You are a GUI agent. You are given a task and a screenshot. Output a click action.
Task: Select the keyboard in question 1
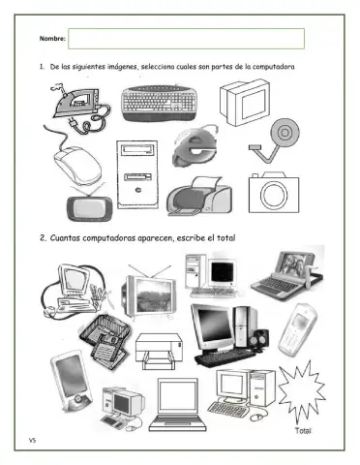tap(160, 104)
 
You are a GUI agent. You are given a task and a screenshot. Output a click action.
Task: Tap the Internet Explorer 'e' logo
tap(195, 146)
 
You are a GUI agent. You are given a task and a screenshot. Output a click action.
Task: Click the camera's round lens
tap(274, 196)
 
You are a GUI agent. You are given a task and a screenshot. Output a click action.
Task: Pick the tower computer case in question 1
tap(137, 174)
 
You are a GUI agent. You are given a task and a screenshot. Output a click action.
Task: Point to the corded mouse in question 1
tap(76, 165)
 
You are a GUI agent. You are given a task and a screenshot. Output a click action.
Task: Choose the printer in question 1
tap(199, 196)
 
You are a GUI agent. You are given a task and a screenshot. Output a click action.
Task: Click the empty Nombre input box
tap(186, 39)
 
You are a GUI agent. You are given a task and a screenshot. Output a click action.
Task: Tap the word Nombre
tap(51, 39)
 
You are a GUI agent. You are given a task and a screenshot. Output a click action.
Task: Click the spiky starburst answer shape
tap(302, 390)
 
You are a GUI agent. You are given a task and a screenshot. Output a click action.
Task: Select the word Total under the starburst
tap(303, 430)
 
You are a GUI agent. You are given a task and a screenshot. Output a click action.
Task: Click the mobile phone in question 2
tap(297, 329)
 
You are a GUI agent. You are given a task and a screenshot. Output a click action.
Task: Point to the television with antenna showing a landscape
tap(149, 294)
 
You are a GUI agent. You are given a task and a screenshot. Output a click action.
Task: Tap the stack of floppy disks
tap(105, 341)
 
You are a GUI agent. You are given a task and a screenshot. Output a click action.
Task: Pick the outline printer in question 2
tap(159, 352)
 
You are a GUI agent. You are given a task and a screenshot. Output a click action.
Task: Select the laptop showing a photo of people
tap(287, 274)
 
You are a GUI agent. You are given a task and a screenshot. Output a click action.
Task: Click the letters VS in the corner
tap(32, 440)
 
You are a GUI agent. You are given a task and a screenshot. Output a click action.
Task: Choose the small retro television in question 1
tap(89, 205)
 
